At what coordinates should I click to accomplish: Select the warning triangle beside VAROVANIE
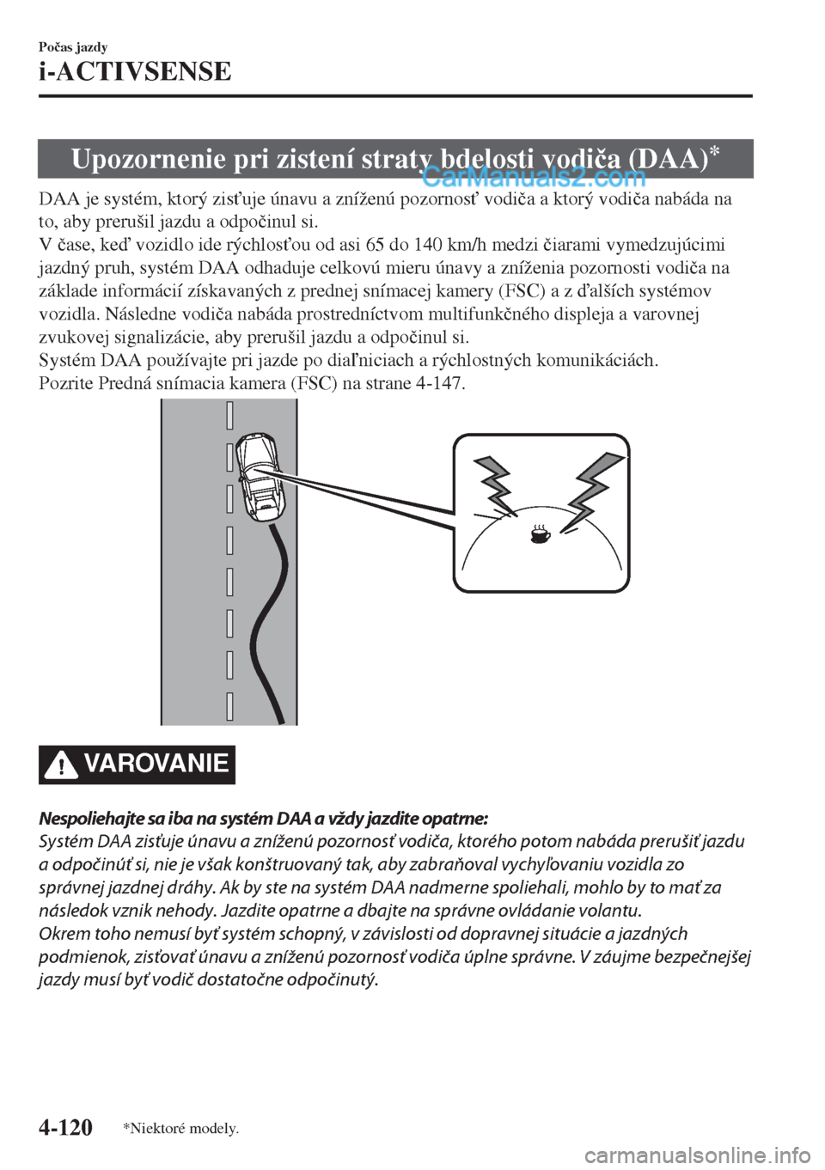pyautogui.click(x=61, y=764)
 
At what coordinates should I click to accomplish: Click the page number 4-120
pyautogui.click(x=65, y=1126)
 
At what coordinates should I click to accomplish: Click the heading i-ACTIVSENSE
pyautogui.click(x=135, y=70)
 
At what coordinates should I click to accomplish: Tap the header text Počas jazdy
pyautogui.click(x=72, y=46)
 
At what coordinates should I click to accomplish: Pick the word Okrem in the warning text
pyautogui.click(x=60, y=935)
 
